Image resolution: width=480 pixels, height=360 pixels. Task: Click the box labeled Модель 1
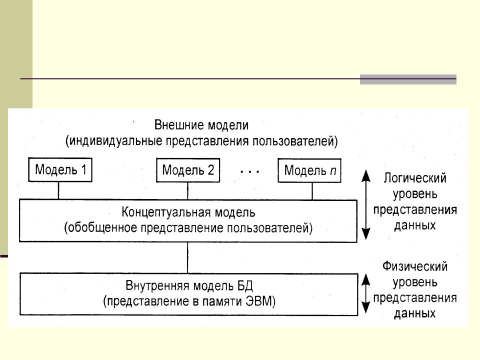(x=60, y=170)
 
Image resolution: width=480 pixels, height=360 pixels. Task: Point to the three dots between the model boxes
(x=249, y=171)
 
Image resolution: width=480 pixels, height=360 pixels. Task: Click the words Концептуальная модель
(x=188, y=212)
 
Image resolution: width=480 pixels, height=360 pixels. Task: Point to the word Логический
(x=415, y=178)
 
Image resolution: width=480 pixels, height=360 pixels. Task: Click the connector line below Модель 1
(x=59, y=191)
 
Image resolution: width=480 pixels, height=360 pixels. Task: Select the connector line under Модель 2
(x=188, y=191)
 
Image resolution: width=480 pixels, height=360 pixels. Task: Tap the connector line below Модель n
(x=312, y=191)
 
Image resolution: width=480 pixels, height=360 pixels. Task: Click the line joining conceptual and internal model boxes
(x=188, y=257)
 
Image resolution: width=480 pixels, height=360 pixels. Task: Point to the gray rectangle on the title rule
(x=408, y=79)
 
